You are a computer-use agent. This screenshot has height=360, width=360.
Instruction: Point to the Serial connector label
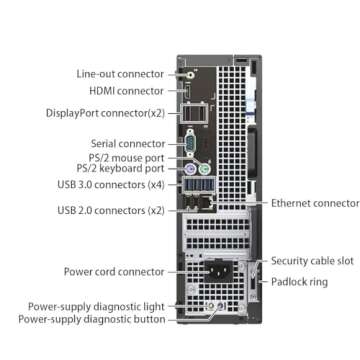[128, 143]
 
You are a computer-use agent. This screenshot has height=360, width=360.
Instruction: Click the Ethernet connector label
[315, 202]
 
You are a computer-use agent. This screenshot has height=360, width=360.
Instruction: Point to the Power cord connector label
[114, 270]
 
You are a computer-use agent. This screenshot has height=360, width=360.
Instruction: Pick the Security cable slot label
[312, 260]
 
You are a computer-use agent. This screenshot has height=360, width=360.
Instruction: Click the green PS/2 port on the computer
[202, 166]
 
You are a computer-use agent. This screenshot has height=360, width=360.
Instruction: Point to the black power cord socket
[219, 272]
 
